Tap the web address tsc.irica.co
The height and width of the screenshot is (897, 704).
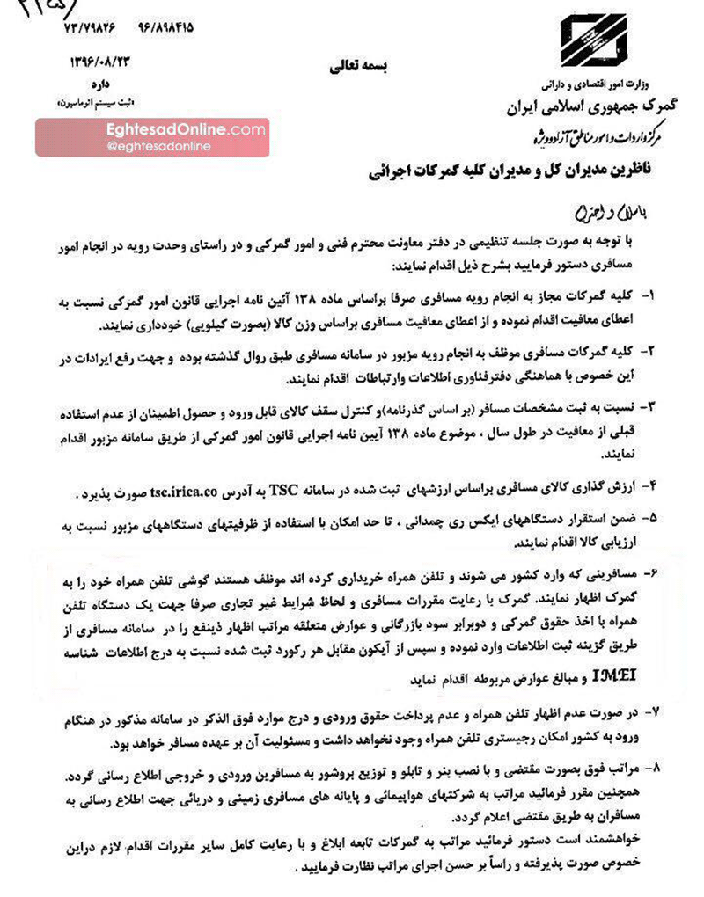tap(255, 489)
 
